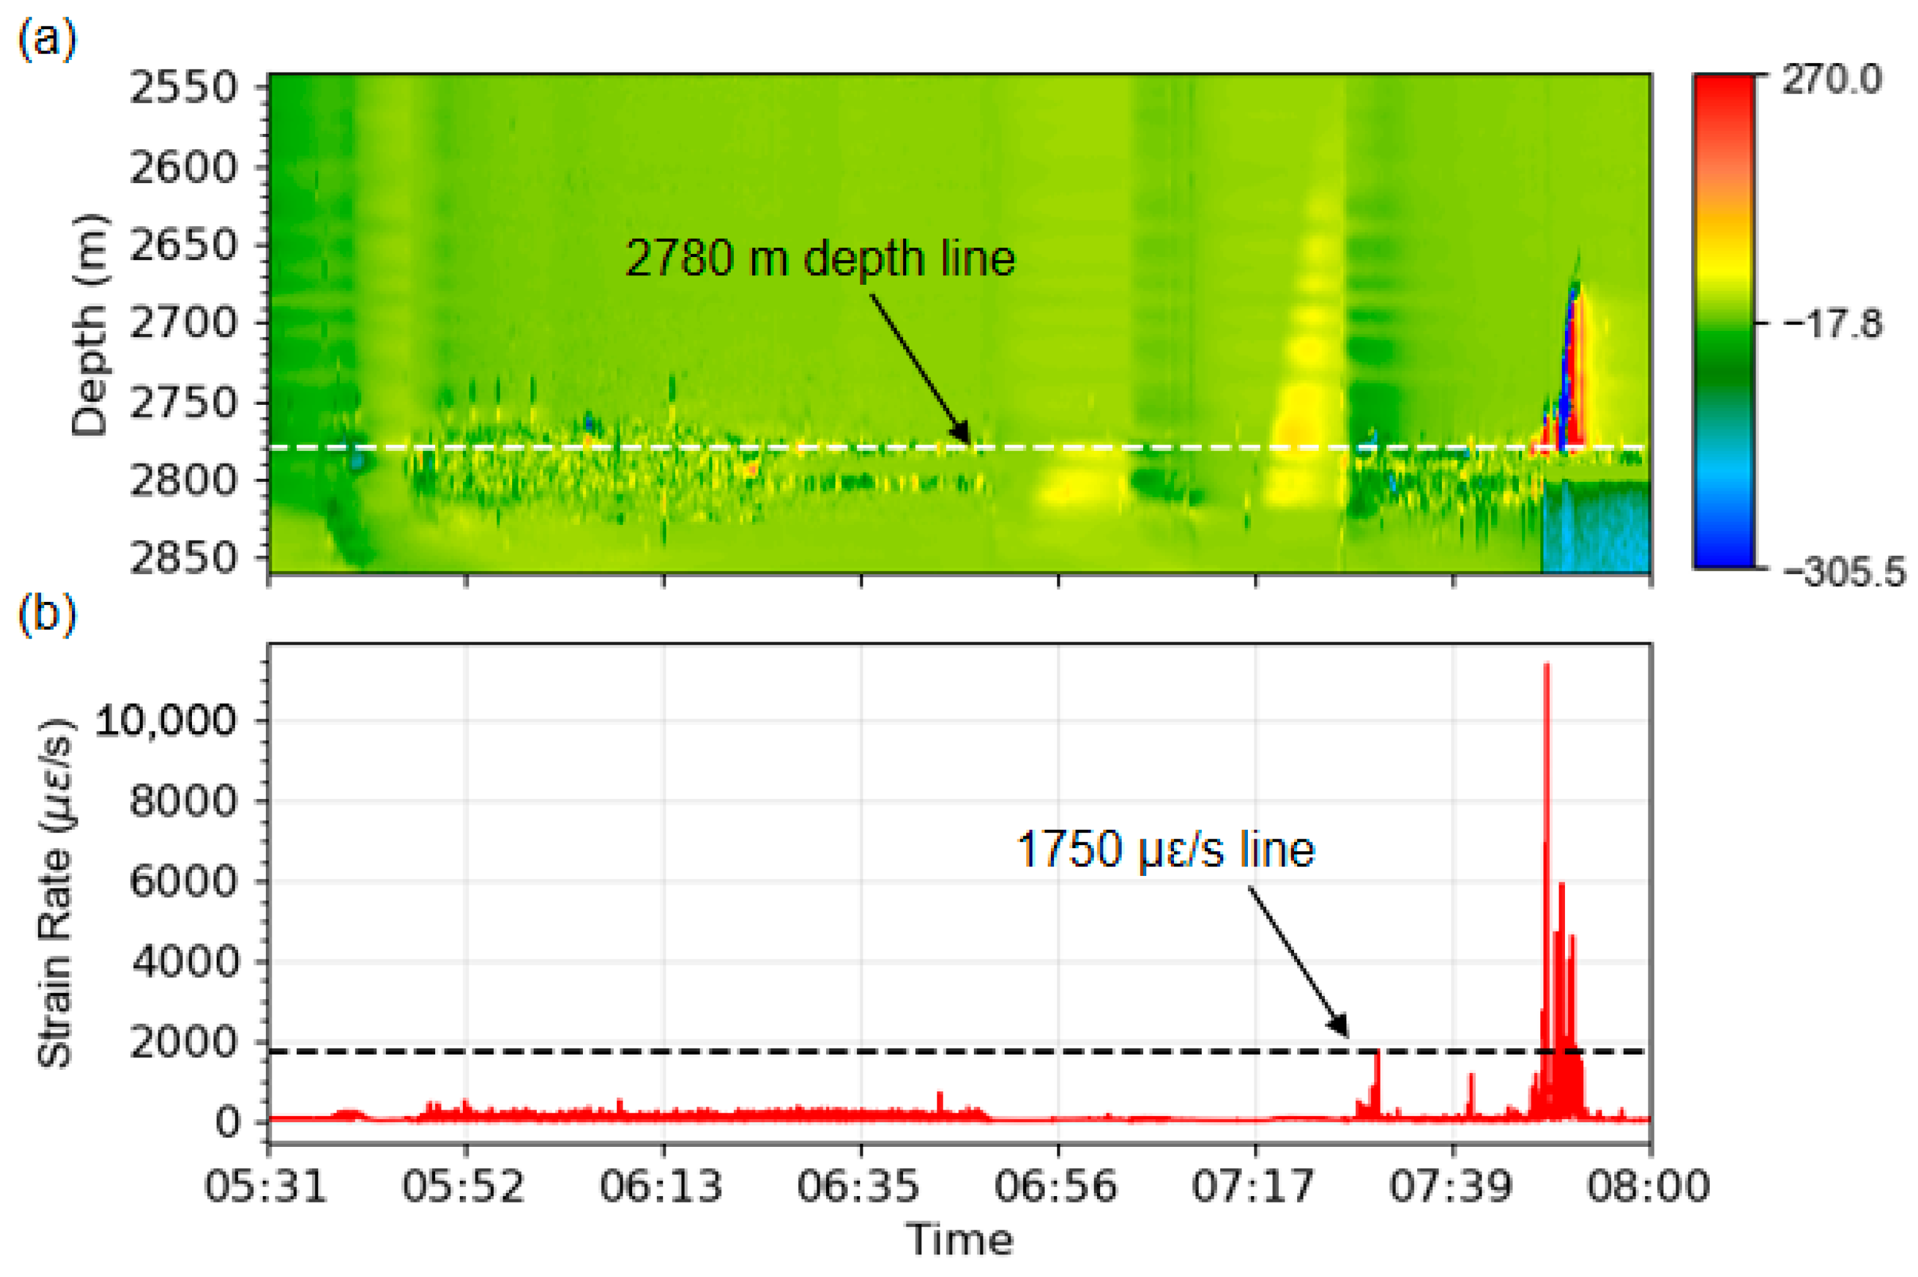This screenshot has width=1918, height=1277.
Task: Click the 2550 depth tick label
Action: [183, 88]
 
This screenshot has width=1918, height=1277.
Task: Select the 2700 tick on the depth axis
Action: [183, 323]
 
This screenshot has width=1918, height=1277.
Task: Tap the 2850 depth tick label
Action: [183, 559]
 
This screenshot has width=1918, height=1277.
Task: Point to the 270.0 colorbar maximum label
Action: [1831, 80]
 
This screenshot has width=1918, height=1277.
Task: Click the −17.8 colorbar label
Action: [1833, 324]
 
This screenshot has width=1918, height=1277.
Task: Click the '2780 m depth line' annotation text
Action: [820, 259]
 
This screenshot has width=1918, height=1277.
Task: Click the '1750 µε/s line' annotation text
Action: [1165, 849]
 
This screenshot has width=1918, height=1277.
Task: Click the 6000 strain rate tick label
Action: [183, 881]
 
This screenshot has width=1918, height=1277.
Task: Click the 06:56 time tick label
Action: [1057, 1186]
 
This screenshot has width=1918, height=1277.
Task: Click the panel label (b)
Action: [47, 613]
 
